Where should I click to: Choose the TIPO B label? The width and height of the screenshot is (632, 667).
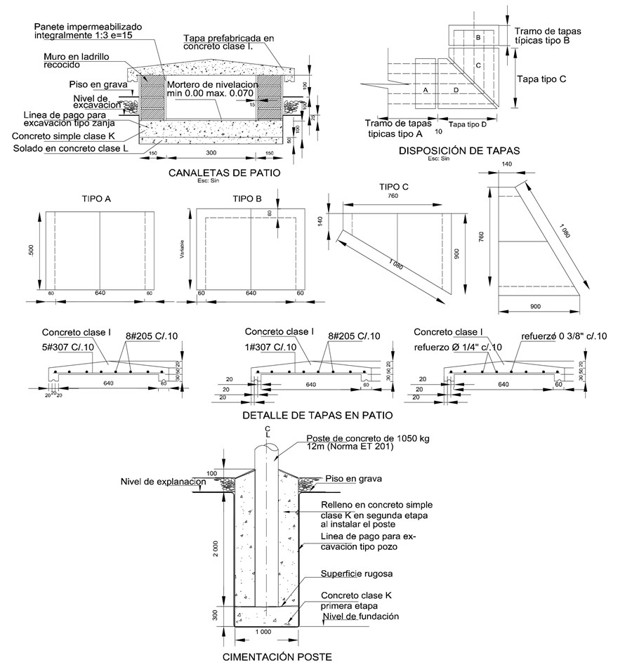click(x=247, y=199)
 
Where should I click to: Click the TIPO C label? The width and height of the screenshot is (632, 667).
click(x=394, y=187)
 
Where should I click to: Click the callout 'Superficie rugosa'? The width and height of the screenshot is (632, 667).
click(x=350, y=574)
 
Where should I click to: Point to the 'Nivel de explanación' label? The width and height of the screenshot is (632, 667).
click(x=162, y=482)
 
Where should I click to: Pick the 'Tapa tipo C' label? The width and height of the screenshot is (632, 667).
click(x=541, y=79)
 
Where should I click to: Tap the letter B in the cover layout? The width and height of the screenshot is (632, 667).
click(x=478, y=38)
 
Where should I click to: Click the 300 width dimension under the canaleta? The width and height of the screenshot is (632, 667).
click(x=210, y=152)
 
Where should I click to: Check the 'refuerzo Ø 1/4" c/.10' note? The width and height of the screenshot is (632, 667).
click(x=458, y=347)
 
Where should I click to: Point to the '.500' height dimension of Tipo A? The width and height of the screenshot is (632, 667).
click(x=29, y=251)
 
